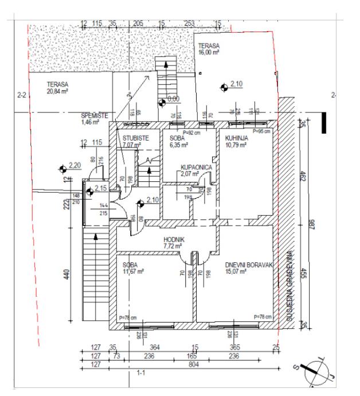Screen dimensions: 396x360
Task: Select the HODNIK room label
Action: coord(173,239)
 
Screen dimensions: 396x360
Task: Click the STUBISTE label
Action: coord(136,138)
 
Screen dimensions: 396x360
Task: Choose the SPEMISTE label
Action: coord(94,115)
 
